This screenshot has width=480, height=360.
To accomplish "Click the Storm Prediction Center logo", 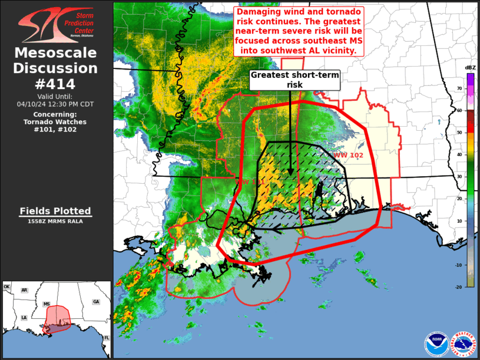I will pyautogui.click(x=57, y=25).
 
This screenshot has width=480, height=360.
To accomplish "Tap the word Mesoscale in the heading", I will pyautogui.click(x=55, y=54).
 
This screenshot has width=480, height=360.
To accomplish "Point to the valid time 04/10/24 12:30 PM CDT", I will pyautogui.click(x=55, y=104).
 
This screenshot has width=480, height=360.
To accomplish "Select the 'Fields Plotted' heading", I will pyautogui.click(x=55, y=211).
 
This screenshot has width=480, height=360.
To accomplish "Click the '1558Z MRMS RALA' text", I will pyautogui.click(x=55, y=222).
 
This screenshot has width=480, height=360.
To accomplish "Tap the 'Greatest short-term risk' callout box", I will pyautogui.click(x=294, y=80).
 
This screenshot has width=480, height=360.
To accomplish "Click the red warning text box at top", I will pyautogui.click(x=299, y=31).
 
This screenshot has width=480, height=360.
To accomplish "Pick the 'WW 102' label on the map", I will pyautogui.click(x=348, y=156).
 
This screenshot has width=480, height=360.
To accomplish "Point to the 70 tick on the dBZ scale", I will pyautogui.click(x=459, y=88).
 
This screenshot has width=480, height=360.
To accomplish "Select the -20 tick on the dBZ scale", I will pyautogui.click(x=459, y=286).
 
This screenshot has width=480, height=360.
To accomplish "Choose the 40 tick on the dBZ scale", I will pyautogui.click(x=459, y=154).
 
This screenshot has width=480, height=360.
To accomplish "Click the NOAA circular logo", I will pyautogui.click(x=437, y=344).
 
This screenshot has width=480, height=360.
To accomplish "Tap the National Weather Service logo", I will pyautogui.click(x=464, y=344).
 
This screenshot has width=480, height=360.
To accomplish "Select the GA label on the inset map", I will pyautogui.click(x=95, y=301).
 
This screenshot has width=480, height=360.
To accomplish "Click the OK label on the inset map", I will pyautogui.click(x=7, y=287).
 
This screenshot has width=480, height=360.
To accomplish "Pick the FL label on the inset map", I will pyautogui.click(x=107, y=337).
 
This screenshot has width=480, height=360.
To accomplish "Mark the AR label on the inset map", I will pyautogui.click(x=24, y=290).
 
